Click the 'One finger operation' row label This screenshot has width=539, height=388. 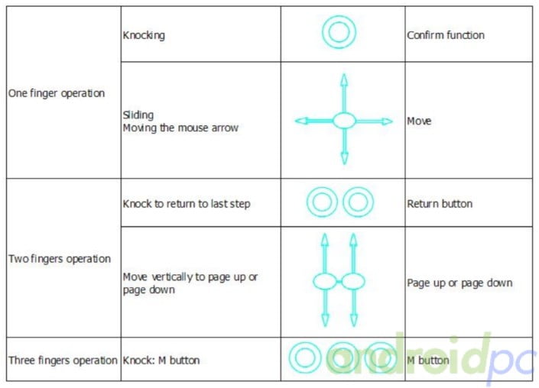pyautogui.click(x=57, y=94)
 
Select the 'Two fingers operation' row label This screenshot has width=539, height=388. pyautogui.click(x=60, y=259)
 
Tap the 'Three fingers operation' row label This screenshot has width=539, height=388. pyautogui.click(x=63, y=360)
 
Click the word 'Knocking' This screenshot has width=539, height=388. pyautogui.click(x=144, y=35)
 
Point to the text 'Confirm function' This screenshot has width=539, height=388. pyautogui.click(x=446, y=35)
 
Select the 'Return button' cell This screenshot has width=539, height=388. pyautogui.click(x=440, y=204)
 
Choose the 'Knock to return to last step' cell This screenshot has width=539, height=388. pyautogui.click(x=187, y=204)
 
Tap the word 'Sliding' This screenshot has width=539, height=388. pyautogui.click(x=138, y=115)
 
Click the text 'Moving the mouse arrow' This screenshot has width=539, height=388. pyautogui.click(x=180, y=128)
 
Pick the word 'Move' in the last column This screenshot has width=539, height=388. pyautogui.click(x=419, y=121)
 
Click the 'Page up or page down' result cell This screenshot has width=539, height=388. pyautogui.click(x=459, y=283)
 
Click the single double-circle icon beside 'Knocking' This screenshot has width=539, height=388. pyautogui.click(x=339, y=33)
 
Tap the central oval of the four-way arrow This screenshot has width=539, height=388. pyautogui.click(x=344, y=120)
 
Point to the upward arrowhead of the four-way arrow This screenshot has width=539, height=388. pyautogui.click(x=344, y=79)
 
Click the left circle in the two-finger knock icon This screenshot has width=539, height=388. pyautogui.click(x=322, y=203)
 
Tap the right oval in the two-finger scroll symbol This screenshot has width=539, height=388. pyautogui.click(x=353, y=281)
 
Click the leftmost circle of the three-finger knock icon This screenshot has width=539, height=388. pyautogui.click(x=306, y=357)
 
